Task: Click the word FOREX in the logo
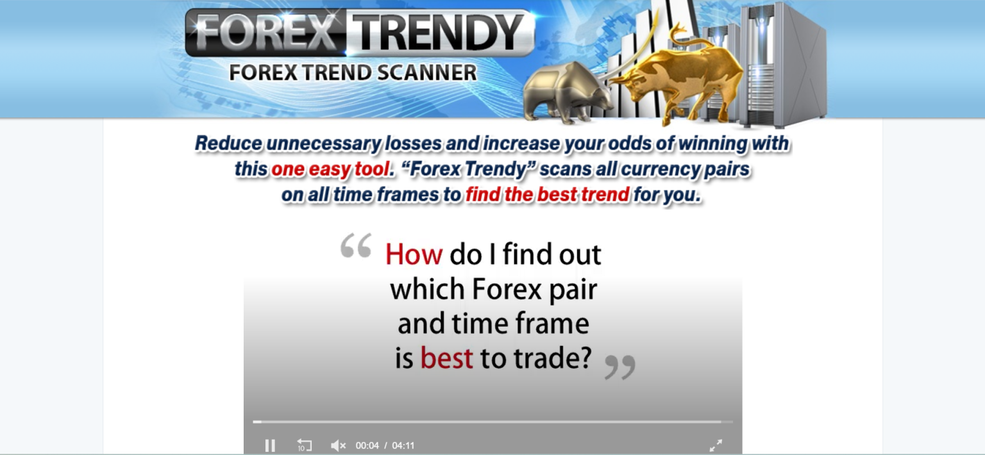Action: pyautogui.click(x=265, y=31)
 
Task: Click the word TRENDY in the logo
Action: pyautogui.click(x=437, y=31)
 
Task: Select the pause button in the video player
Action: pyautogui.click(x=270, y=445)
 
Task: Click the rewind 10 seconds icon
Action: pyautogui.click(x=304, y=445)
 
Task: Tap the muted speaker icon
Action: pyautogui.click(x=338, y=445)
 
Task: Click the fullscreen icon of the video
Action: pyautogui.click(x=716, y=445)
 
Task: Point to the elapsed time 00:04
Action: pyautogui.click(x=367, y=445)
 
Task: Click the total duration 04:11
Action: pyautogui.click(x=403, y=445)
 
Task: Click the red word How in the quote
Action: pyautogui.click(x=414, y=255)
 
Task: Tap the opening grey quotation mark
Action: pyautogui.click(x=356, y=246)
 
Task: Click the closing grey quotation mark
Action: pyautogui.click(x=620, y=367)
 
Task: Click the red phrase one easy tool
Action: pyautogui.click(x=330, y=170)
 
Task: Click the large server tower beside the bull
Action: pyautogui.click(x=782, y=64)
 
